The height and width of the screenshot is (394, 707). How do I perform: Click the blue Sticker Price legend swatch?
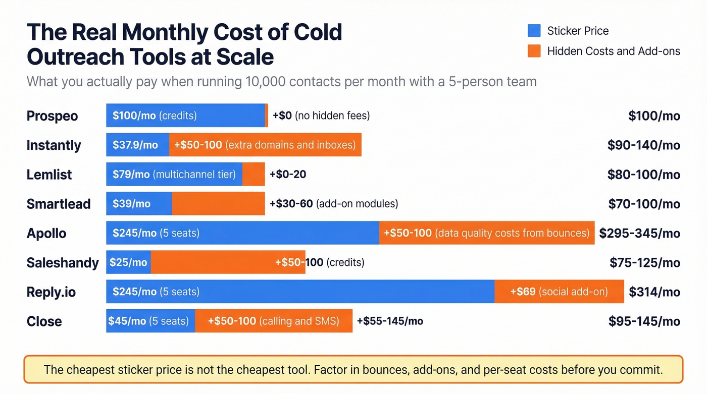(x=534, y=31)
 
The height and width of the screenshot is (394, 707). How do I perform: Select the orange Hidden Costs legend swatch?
(x=534, y=51)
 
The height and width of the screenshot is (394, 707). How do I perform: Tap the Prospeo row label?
(x=52, y=116)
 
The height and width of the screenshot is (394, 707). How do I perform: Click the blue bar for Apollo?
(x=242, y=233)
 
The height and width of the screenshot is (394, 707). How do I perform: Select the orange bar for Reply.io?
(x=559, y=292)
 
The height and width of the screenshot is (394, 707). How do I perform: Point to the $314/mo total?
(x=654, y=292)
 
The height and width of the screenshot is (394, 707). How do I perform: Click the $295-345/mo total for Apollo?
(x=639, y=234)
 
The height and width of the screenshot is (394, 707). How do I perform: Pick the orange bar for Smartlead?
(x=218, y=204)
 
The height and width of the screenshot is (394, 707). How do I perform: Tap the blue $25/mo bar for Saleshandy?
(x=129, y=262)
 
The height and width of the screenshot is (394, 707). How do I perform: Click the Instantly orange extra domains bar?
(x=265, y=145)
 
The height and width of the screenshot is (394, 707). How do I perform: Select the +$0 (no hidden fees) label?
(x=321, y=116)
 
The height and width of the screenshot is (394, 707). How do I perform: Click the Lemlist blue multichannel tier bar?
(x=174, y=175)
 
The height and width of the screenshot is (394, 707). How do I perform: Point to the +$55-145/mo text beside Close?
(x=390, y=321)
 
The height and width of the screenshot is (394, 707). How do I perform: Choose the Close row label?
(x=44, y=321)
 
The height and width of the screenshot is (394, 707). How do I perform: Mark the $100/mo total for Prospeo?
(x=654, y=116)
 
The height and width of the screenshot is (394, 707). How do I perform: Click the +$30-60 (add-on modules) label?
(x=334, y=204)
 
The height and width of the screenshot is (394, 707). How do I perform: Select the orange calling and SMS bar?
(x=273, y=321)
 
